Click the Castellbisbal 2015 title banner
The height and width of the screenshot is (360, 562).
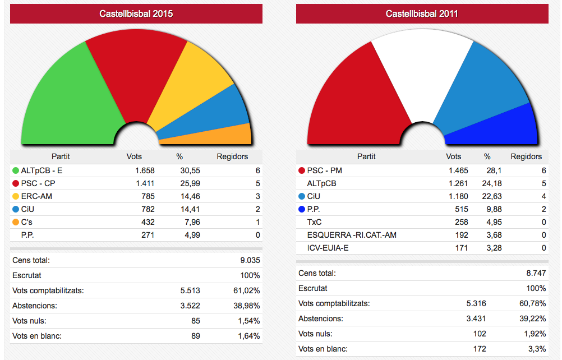coord(136,14)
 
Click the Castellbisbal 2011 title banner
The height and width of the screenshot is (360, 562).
coord(422,14)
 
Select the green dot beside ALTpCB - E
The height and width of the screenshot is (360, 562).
coord(15,170)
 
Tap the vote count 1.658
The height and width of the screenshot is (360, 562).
coord(144,170)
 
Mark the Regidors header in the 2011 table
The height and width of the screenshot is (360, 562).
coord(526,156)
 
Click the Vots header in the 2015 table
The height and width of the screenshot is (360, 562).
coord(134,156)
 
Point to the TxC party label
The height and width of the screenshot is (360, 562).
coord(314,222)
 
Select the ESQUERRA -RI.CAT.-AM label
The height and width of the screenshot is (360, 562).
coord(352,235)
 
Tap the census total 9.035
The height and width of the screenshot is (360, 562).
coord(250,260)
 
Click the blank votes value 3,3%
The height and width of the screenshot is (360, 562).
coord(537,349)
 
